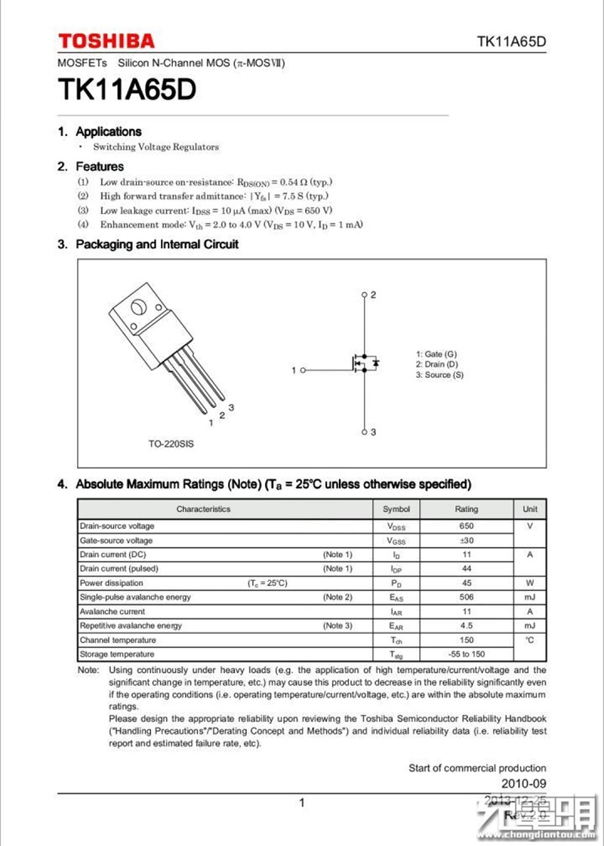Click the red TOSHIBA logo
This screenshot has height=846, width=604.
106,41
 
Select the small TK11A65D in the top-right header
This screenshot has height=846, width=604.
510,42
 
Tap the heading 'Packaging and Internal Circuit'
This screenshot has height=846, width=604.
157,244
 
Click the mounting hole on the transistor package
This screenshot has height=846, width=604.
139,307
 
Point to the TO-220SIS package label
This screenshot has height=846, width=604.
171,444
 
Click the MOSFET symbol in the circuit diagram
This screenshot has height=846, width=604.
362,363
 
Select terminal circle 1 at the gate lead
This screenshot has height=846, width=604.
304,370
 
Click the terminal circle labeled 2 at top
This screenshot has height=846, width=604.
364,295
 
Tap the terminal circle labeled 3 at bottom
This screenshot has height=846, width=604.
364,432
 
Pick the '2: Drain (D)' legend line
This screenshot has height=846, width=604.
436,364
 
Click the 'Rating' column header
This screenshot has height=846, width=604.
466,509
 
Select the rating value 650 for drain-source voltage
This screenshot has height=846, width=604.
466,526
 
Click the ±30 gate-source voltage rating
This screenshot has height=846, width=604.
466,540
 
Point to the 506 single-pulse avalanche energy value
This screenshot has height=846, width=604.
466,597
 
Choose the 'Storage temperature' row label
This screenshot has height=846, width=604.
117,653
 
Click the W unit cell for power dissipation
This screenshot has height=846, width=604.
530,583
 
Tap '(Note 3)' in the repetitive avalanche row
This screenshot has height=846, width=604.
337,625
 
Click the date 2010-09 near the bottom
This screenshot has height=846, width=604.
523,783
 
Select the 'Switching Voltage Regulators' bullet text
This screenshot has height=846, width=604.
156,147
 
